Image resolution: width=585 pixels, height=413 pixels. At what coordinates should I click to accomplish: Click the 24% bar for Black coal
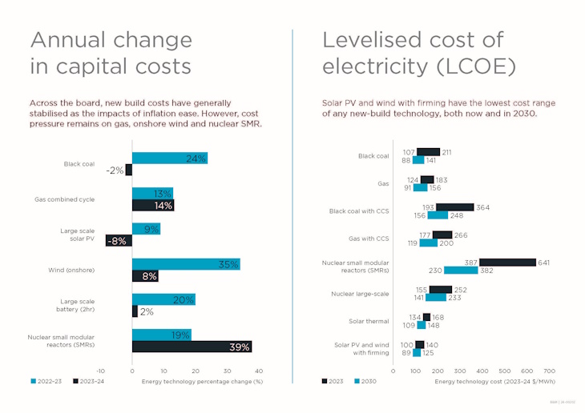pyautogui.click(x=169, y=158)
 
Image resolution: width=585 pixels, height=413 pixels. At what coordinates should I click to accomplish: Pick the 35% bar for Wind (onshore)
pyautogui.click(x=186, y=264)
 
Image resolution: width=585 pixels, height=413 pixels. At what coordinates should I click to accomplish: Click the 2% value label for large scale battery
pyautogui.click(x=147, y=311)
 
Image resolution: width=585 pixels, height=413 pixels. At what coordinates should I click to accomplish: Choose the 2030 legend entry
pyautogui.click(x=366, y=381)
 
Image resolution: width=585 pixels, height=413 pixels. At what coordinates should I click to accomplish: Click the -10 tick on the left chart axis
pyautogui.click(x=100, y=371)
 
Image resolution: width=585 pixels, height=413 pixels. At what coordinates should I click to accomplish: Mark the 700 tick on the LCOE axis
pyautogui.click(x=550, y=371)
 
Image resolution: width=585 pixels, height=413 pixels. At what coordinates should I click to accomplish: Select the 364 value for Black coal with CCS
pyautogui.click(x=483, y=207)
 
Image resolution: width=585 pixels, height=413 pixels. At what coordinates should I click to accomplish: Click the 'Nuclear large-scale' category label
pyautogui.click(x=360, y=294)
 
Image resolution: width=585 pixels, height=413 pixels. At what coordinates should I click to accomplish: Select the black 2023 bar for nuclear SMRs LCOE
pyautogui.click(x=507, y=262)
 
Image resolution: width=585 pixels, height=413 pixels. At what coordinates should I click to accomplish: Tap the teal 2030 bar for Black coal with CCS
pyautogui.click(x=438, y=215)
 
